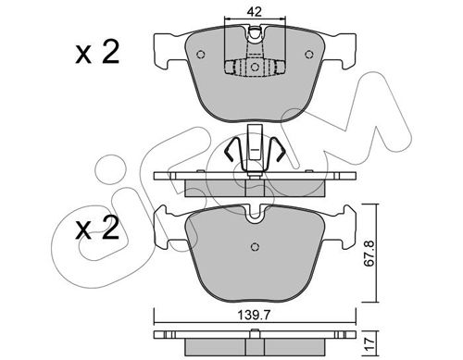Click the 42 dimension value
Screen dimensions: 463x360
pyautogui.click(x=255, y=12)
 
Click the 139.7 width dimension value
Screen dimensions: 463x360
pyautogui.click(x=254, y=315)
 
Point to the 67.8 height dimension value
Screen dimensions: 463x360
pyautogui.click(x=370, y=254)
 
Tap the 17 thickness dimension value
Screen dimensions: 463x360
pyautogui.click(x=370, y=342)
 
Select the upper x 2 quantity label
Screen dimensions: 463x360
pyautogui.click(x=97, y=53)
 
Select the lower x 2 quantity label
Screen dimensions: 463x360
pyautogui.click(x=97, y=228)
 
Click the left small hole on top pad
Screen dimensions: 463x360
pyautogui.click(x=201, y=55)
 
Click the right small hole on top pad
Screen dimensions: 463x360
pyautogui.click(x=309, y=55)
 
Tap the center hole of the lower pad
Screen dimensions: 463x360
pyautogui.click(x=255, y=246)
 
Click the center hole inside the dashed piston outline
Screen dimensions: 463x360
pyautogui.click(x=255, y=67)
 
